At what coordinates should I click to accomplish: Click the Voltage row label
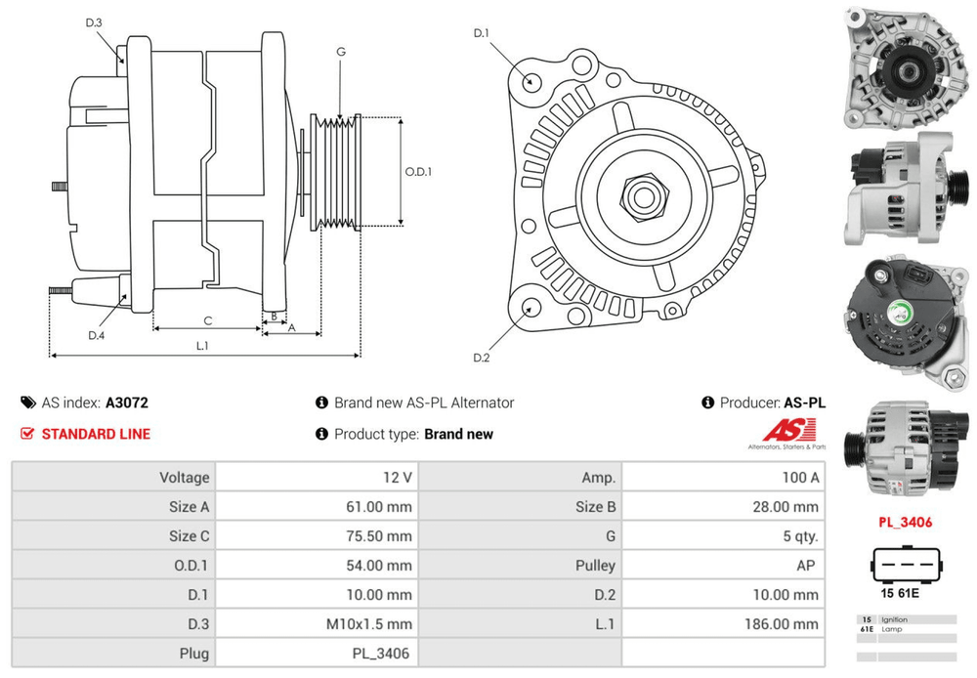(185, 478)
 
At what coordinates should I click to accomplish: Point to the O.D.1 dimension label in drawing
(418, 172)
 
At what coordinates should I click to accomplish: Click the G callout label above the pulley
(340, 52)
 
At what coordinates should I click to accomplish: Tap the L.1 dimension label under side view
(202, 345)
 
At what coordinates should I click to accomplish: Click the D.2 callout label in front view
(481, 358)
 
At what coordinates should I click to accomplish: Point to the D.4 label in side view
(96, 336)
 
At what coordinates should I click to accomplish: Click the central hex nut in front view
(643, 193)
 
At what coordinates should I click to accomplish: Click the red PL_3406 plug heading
(905, 522)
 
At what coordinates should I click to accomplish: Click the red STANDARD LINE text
(96, 434)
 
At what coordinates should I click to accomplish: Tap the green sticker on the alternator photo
(902, 314)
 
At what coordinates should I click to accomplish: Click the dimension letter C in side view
(207, 320)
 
